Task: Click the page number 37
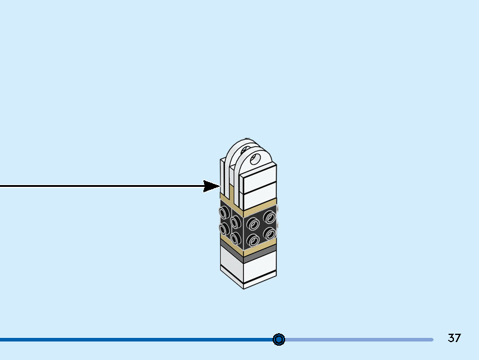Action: pos(454,338)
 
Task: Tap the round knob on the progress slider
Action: pos(279,339)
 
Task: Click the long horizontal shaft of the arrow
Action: pos(101,186)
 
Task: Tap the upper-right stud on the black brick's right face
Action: pos(270,217)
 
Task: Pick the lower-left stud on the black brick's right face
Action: pos(254,240)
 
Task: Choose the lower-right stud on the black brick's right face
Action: pos(270,233)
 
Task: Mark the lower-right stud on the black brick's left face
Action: pos(236,239)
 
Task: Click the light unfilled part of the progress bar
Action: pos(358,340)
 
